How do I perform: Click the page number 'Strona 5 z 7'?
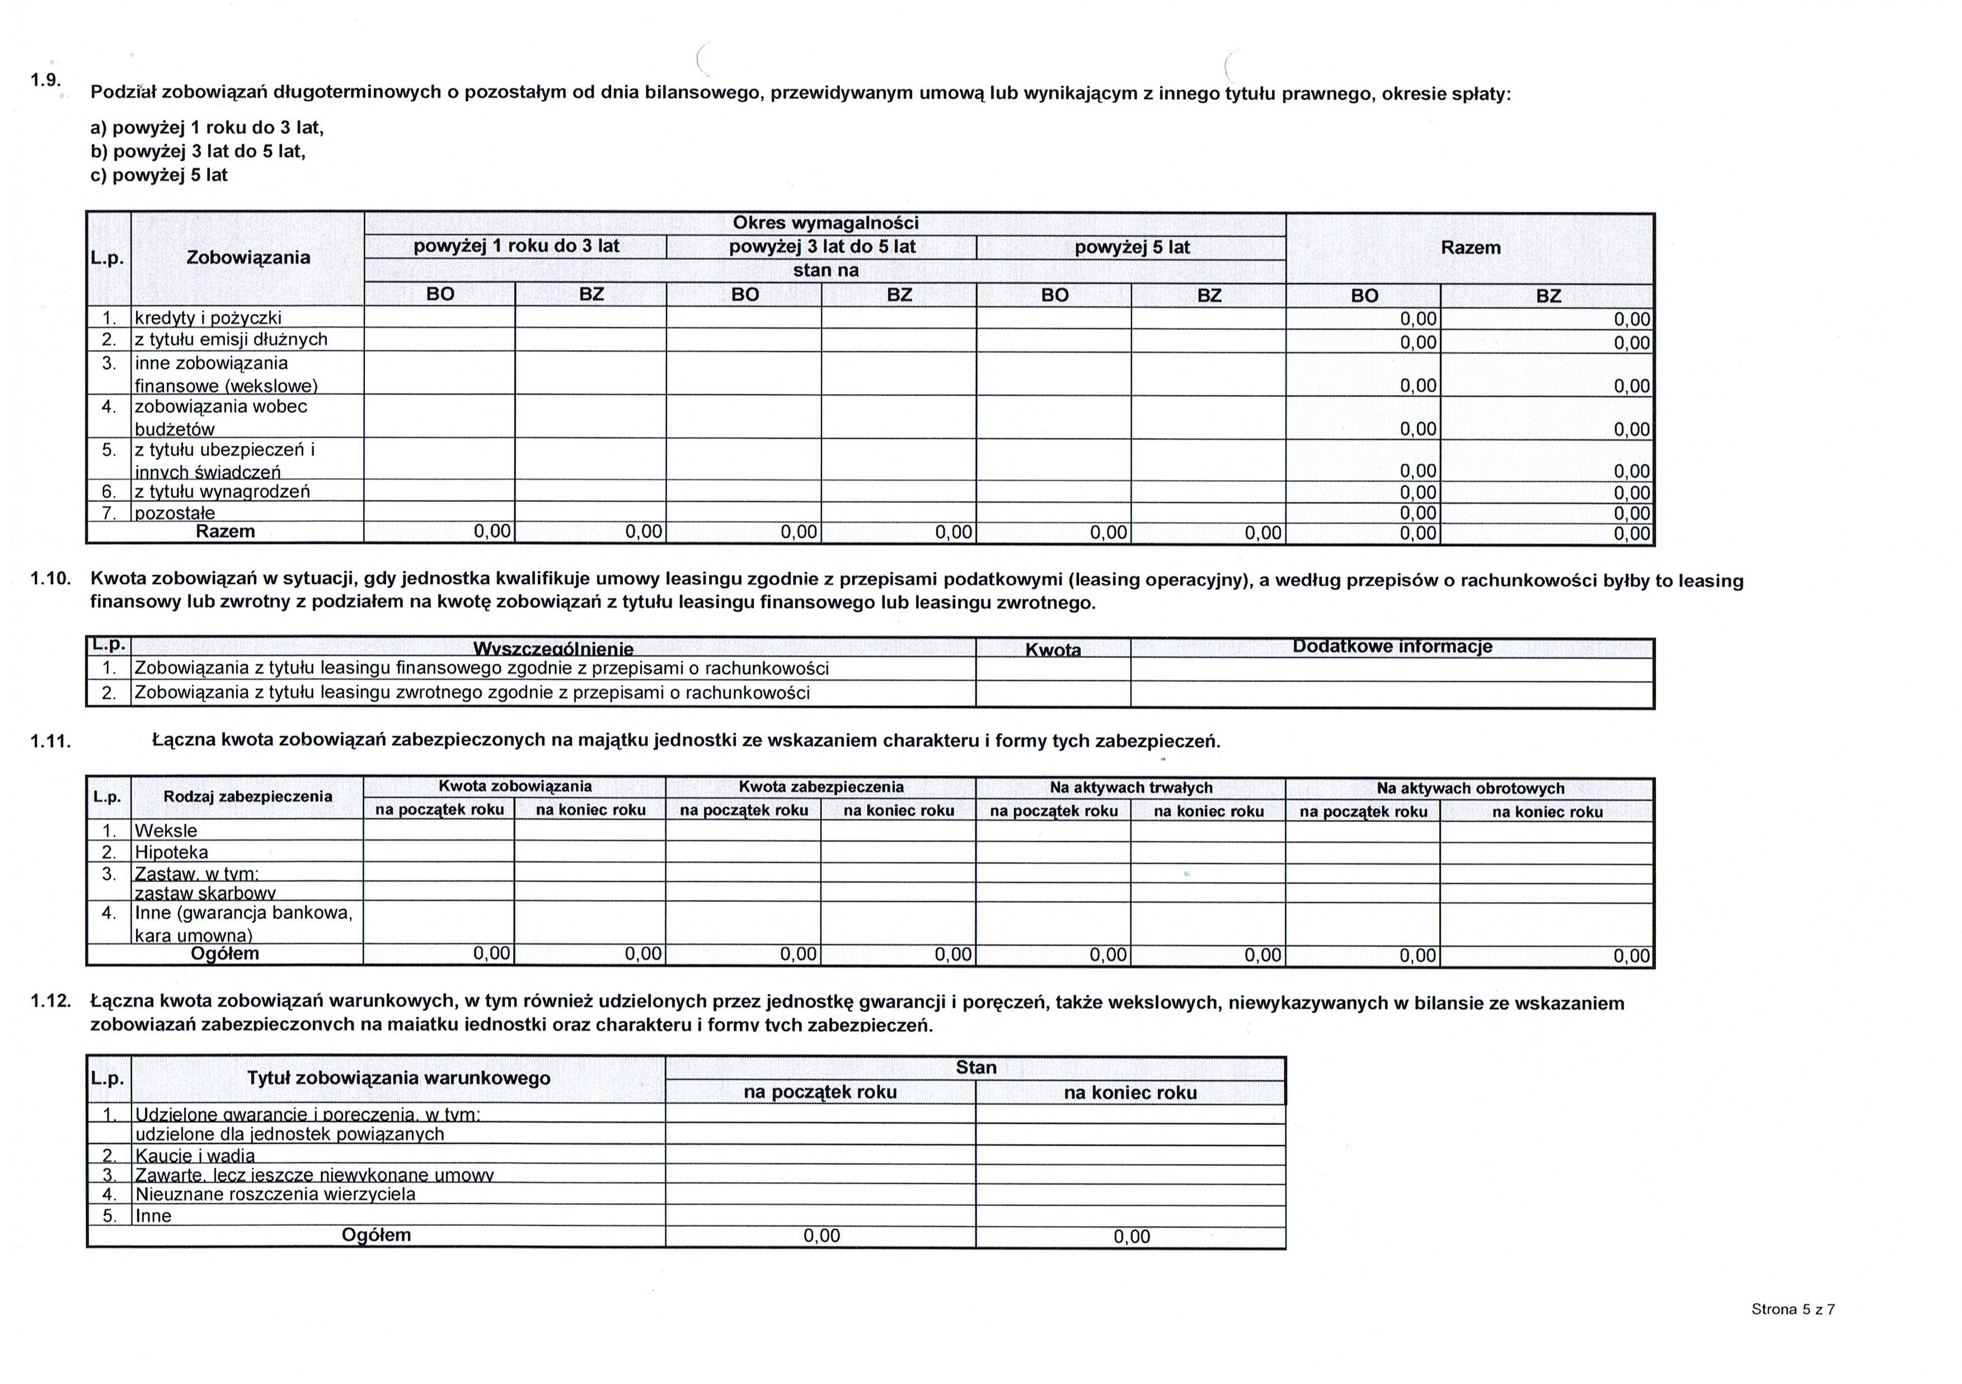1793,1309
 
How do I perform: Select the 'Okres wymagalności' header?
825,223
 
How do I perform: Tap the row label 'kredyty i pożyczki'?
208,318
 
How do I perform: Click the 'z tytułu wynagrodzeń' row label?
222,491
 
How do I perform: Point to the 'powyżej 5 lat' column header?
1132,248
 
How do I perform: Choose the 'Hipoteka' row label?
171,852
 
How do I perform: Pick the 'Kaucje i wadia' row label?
195,1156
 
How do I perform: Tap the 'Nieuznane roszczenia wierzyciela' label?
275,1194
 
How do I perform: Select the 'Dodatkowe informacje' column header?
1392,647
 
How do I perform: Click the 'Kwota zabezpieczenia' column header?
820,787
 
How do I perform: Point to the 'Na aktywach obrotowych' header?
1470,789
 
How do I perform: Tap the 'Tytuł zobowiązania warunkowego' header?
398,1078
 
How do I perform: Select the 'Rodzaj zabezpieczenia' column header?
248,796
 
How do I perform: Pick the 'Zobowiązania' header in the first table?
248,257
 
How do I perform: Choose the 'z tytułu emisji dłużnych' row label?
231,339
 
